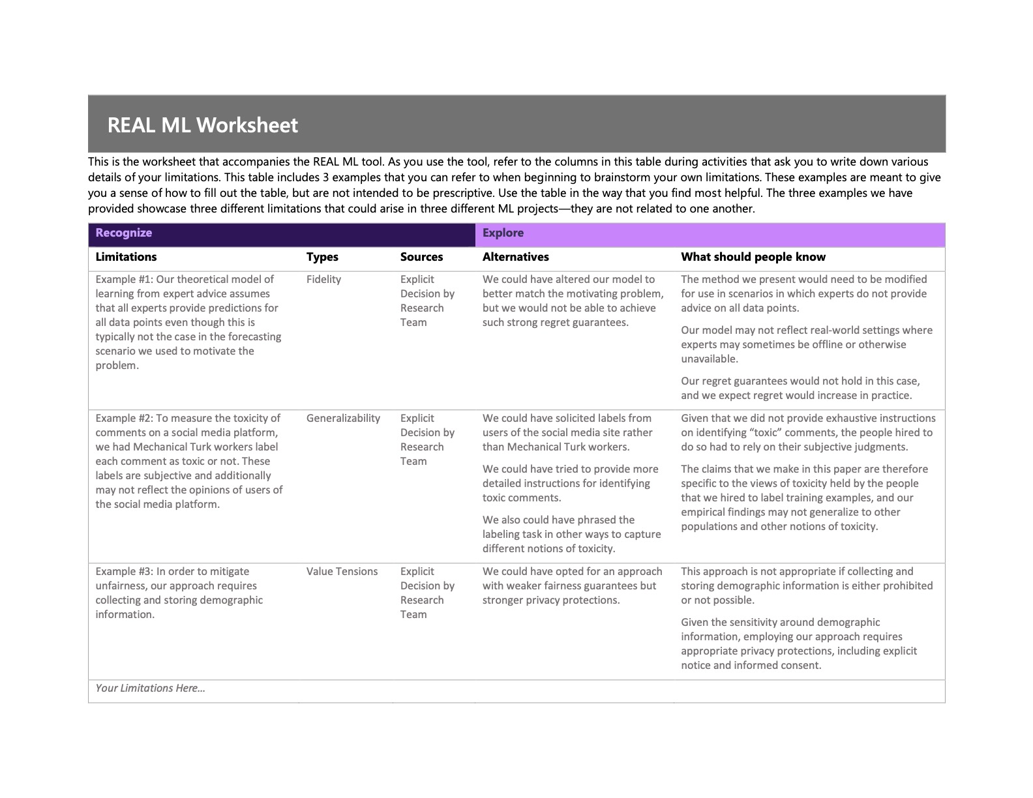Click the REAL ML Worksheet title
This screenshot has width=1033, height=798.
[202, 125]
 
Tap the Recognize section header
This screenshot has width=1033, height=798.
[123, 233]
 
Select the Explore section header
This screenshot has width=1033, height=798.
[503, 233]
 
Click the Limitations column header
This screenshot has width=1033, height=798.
[126, 257]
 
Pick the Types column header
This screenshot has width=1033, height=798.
[322, 257]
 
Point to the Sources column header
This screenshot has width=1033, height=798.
[421, 257]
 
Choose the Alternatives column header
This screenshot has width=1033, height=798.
[515, 257]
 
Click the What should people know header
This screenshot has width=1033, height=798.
[753, 257]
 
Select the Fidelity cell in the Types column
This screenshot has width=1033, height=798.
[323, 279]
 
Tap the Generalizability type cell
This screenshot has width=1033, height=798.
[343, 418]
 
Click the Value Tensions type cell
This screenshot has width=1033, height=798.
[342, 571]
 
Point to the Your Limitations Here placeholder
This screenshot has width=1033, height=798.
[150, 688]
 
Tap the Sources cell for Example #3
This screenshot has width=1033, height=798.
[427, 593]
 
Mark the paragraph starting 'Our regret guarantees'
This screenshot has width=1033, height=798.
[800, 388]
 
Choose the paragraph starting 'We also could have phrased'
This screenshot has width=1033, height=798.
[571, 534]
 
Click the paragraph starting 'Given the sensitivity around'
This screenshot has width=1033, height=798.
[799, 643]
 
